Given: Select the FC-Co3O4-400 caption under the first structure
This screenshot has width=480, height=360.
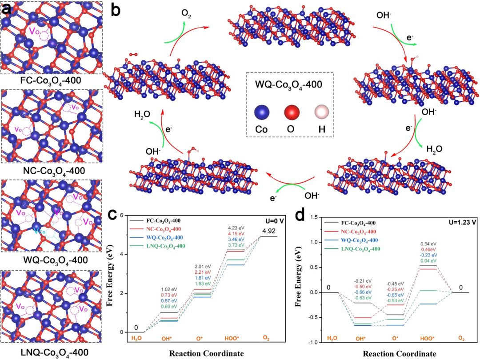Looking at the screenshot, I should tap(52, 81).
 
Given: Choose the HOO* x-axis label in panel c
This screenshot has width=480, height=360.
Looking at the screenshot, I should tap(234, 339).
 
